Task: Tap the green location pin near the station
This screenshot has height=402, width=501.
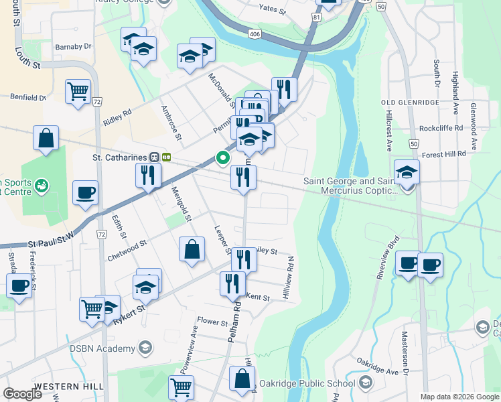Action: tap(222, 158)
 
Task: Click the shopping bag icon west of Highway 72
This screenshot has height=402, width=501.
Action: tap(45, 139)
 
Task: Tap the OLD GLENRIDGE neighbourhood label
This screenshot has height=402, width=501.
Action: tap(410, 103)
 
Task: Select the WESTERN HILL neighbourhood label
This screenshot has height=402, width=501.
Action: tap(70, 387)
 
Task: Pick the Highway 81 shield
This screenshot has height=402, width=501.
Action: tap(315, 19)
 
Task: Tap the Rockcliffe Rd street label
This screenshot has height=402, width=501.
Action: tap(441, 128)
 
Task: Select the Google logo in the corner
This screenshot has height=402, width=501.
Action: tap(23, 393)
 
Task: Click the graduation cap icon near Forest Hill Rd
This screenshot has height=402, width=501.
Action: tap(407, 172)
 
